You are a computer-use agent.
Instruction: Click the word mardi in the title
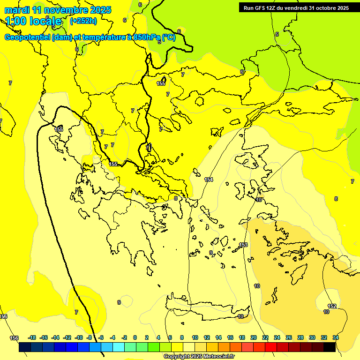click(16, 10)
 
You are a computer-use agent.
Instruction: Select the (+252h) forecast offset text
click(83, 21)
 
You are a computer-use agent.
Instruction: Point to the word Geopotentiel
click(27, 37)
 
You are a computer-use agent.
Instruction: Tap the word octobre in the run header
click(323, 8)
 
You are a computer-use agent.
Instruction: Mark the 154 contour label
click(209, 180)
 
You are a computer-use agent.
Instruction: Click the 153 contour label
click(243, 245)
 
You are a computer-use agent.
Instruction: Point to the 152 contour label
click(332, 306)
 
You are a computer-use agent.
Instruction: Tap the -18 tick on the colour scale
click(32, 337)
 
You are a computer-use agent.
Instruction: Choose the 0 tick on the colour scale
click(135, 337)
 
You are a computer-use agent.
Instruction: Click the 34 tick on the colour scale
click(336, 337)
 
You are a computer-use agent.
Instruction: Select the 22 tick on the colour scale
click(265, 337)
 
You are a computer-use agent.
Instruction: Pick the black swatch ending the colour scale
click(330, 347)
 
